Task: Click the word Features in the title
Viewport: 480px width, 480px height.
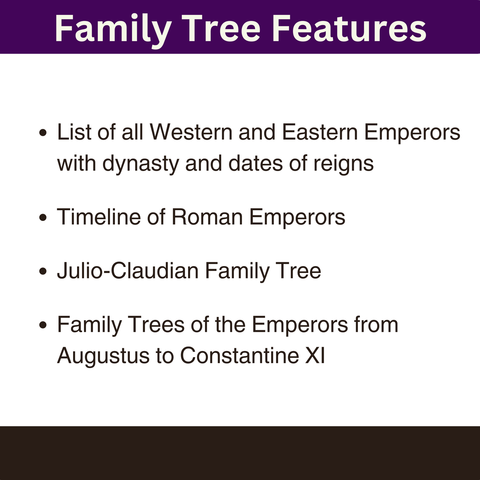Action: point(349,29)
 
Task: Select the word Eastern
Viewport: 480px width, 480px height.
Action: point(320,132)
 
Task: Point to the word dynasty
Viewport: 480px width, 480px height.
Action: point(141,164)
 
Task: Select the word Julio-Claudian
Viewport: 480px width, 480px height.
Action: point(128,271)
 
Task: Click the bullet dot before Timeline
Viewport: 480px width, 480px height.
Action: point(43,218)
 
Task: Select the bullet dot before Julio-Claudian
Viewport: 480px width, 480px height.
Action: point(43,271)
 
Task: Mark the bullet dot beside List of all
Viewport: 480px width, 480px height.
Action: point(43,133)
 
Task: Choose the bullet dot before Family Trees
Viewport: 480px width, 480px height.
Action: point(43,325)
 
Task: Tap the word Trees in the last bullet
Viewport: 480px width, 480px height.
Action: point(156,324)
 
